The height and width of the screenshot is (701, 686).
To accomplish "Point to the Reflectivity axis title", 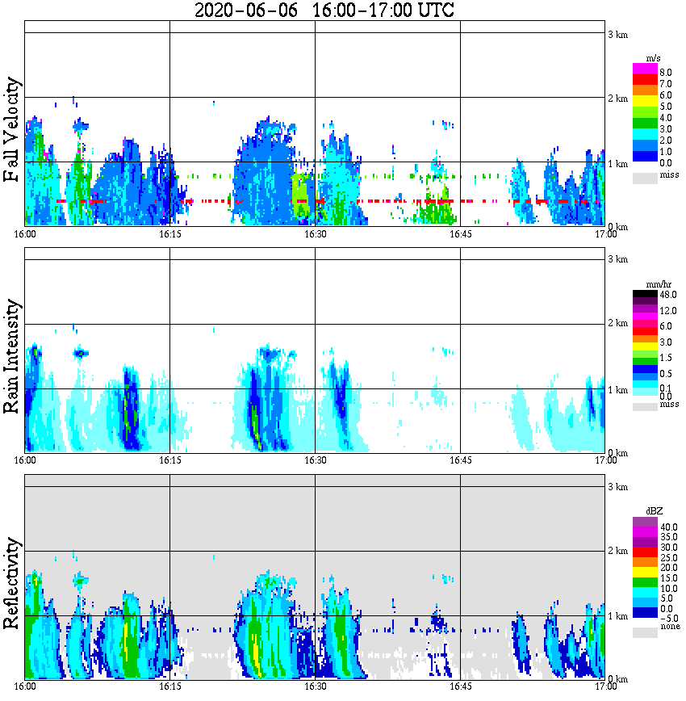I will click(11, 584).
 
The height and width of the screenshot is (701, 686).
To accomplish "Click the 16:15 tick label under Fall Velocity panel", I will click(169, 234).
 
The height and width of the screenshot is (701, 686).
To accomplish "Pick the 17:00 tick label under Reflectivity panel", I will click(605, 686).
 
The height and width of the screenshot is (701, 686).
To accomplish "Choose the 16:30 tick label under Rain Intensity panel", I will click(315, 460).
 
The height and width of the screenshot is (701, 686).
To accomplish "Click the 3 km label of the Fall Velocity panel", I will click(617, 33).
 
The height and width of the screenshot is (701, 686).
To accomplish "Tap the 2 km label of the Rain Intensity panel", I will click(617, 324).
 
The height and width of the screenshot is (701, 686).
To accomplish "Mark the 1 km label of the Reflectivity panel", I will click(617, 616).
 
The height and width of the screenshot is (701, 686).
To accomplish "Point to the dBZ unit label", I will click(654, 511).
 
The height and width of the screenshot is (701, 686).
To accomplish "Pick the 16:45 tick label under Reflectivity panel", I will click(460, 686).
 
